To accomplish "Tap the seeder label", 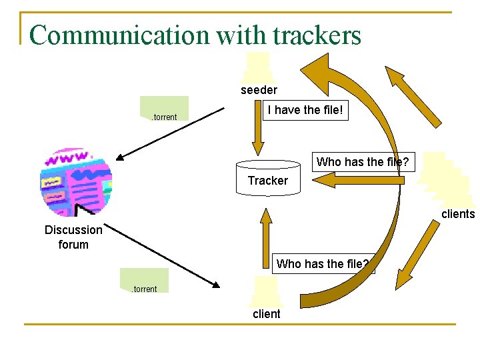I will click(259, 90).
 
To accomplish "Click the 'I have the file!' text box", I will click(305, 110).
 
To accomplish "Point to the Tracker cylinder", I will click(268, 177).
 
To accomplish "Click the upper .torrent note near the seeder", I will click(164, 109).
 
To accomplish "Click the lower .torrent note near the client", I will click(144, 281).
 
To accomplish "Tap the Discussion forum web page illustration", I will click(77, 181).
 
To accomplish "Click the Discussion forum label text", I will click(73, 237).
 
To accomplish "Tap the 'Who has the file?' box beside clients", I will click(362, 162).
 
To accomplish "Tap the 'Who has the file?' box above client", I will click(323, 263).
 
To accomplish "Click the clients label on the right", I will click(457, 214).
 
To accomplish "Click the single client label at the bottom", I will click(266, 313).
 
